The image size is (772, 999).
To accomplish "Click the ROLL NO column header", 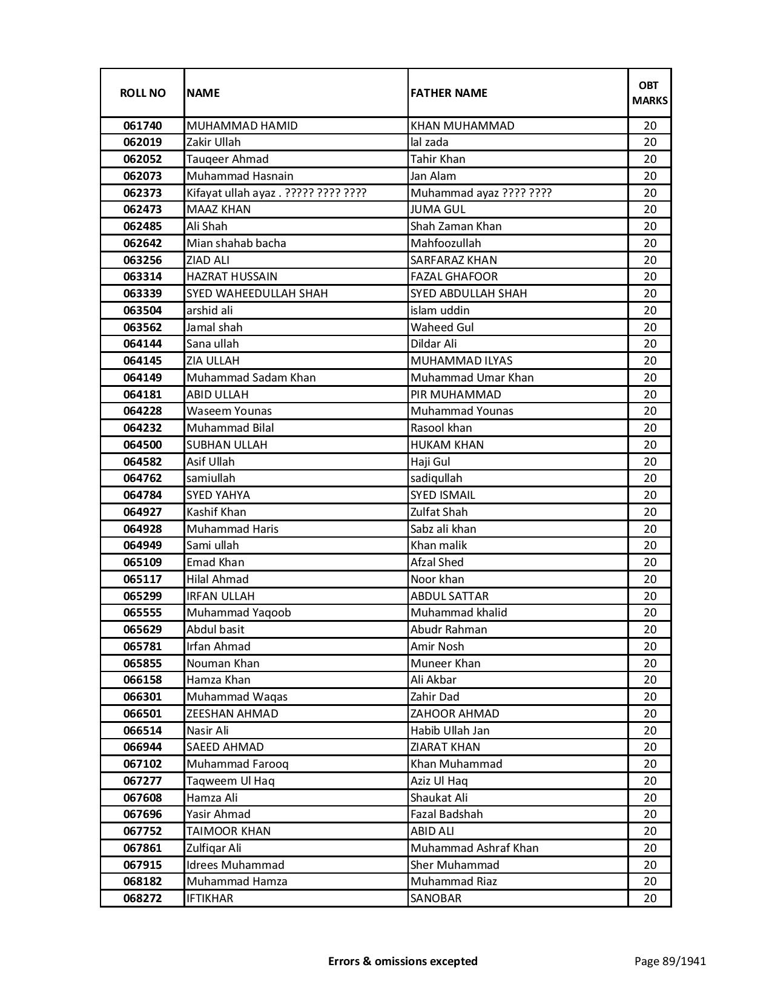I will tap(142, 93).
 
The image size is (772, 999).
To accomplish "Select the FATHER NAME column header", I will tap(449, 93).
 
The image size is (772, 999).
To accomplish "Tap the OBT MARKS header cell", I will tap(650, 93).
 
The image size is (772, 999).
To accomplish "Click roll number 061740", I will tap(142, 126).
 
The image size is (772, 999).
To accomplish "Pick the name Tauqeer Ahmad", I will tap(228, 159).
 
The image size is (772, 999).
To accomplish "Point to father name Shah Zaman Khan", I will tap(456, 226).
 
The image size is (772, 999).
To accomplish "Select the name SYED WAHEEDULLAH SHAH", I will tap(257, 294).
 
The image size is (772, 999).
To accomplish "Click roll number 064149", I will tap(142, 378).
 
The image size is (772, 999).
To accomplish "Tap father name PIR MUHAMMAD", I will tap(456, 395).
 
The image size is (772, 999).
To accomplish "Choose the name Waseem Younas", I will tap(229, 411).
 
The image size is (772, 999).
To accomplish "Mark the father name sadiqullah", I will tap(436, 478).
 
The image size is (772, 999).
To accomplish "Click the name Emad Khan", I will tap(216, 562).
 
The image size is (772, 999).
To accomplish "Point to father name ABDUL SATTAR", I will tap(449, 596).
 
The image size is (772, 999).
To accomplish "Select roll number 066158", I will tap(142, 680).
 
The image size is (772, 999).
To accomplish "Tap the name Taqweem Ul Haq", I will tap(231, 781).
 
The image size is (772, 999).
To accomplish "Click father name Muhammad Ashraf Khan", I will tap(474, 848).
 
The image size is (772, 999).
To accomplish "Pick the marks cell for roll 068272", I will tap(650, 898).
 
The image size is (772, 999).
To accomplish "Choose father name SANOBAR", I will tap(436, 898).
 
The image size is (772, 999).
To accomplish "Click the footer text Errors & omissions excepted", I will tap(403, 961).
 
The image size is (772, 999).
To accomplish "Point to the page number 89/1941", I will tap(670, 961).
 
